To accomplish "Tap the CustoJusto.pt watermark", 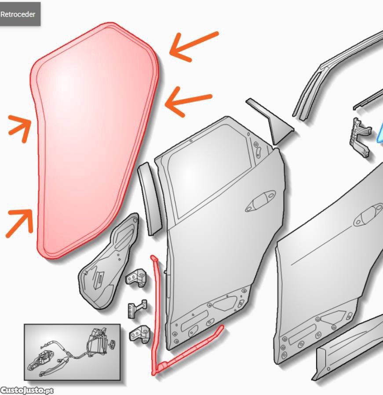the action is point(27,391).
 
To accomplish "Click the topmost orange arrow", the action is point(193,47).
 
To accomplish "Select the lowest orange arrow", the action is point(20,223).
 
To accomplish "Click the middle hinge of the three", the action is point(137,309).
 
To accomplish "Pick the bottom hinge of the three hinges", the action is point(139,334).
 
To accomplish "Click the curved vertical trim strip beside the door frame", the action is point(149,199).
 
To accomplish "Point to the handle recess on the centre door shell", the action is point(260,201).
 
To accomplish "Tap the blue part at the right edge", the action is point(380,135).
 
